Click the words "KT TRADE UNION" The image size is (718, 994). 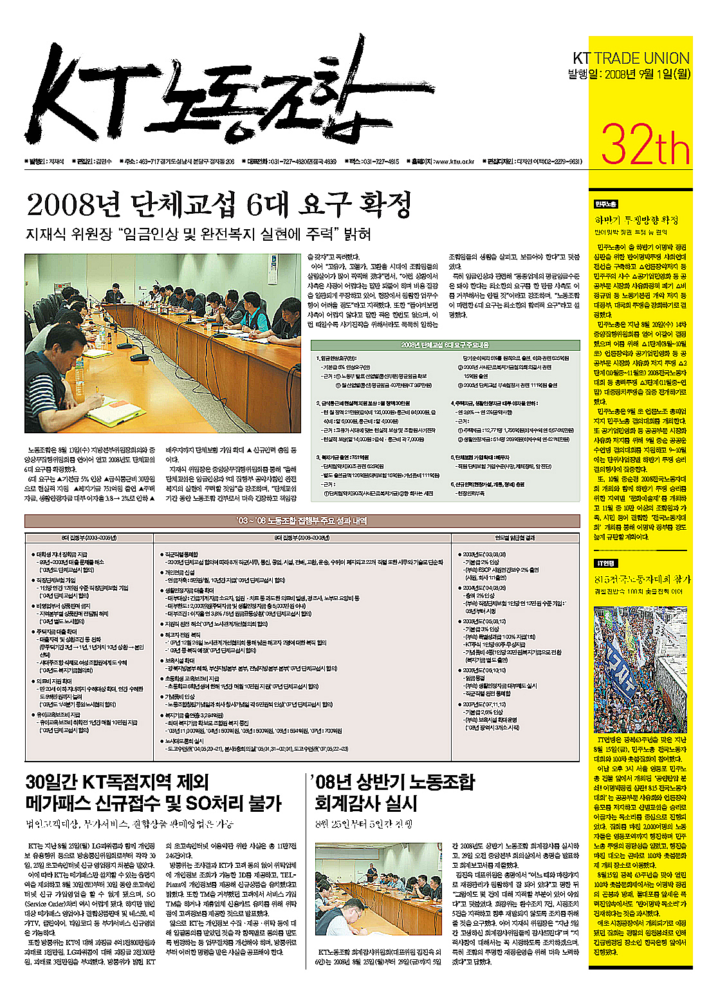pyautogui.click(x=631, y=59)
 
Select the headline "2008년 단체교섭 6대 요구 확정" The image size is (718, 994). pyautogui.click(x=219, y=205)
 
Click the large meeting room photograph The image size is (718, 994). pyautogui.click(x=162, y=342)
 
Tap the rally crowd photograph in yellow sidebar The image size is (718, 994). pyautogui.click(x=640, y=670)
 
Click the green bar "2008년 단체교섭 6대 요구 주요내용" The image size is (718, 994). pyautogui.click(x=445, y=345)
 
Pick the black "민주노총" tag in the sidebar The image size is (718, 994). pyautogui.click(x=605, y=204)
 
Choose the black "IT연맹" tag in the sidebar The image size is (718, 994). pyautogui.click(x=605, y=563)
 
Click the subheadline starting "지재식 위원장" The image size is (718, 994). pyautogui.click(x=198, y=234)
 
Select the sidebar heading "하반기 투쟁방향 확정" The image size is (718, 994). pyautogui.click(x=636, y=220)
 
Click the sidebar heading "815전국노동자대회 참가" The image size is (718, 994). pyautogui.click(x=641, y=579)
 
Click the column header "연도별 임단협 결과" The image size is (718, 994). pyautogui.click(x=515, y=538)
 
